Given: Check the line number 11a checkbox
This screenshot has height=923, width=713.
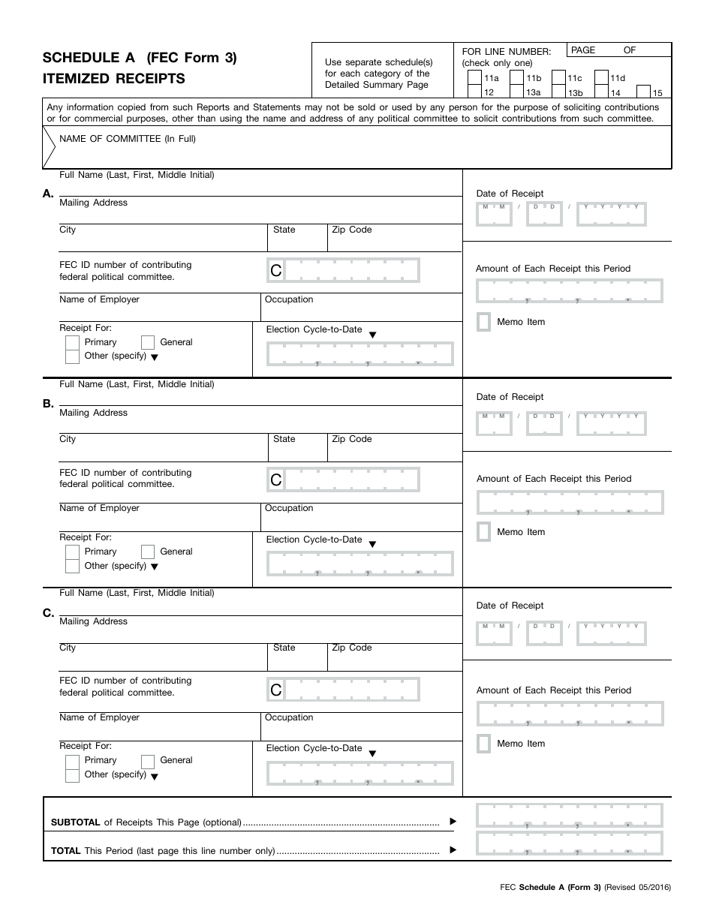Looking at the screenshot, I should pos(474,77).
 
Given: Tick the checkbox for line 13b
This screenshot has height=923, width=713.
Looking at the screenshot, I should pos(558,92).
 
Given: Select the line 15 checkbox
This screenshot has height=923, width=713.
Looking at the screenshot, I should pos(643,92).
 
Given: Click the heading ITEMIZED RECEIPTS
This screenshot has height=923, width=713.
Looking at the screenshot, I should pos(114,79).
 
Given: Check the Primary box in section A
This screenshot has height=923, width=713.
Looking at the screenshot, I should pos(72,342).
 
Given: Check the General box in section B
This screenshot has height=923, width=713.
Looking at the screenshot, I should pos(148,552).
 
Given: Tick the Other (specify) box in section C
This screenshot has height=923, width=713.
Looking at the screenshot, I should pos(72,775).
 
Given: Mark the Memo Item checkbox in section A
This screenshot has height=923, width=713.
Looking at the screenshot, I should pos(484,322).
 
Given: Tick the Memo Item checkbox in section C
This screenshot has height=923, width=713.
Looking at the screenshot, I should pos(484,744).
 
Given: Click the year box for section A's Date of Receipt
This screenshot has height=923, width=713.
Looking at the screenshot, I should pos(612,215).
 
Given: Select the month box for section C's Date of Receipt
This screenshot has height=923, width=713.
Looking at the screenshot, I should pos(494,635).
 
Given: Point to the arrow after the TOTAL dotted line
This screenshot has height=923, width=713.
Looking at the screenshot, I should pos(453,850).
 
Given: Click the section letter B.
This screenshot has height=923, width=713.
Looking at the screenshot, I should pos(48,404).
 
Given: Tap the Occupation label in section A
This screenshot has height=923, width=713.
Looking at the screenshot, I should pos(289,299).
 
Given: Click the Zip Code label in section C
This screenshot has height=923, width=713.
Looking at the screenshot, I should pos(352,648).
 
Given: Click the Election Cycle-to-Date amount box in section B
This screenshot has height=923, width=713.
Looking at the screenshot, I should pos(360,564).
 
